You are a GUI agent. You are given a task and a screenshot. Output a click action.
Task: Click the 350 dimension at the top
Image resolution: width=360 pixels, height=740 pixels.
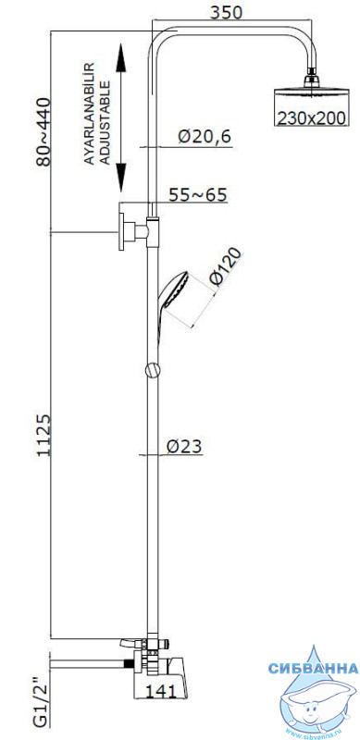226,13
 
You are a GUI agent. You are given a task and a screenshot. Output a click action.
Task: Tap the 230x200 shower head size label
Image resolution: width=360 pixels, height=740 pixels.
311,117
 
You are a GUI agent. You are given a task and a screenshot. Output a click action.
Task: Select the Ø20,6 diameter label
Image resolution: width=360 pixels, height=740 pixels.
205,137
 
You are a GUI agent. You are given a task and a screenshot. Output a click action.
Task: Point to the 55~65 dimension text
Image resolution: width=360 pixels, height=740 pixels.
198,194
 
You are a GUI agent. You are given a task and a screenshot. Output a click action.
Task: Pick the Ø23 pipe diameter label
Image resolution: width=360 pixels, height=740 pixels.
184,446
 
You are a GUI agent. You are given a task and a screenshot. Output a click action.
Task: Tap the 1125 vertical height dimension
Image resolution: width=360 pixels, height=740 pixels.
43,435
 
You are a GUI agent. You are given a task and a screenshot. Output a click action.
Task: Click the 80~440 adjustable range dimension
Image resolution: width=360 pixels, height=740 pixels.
43,131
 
